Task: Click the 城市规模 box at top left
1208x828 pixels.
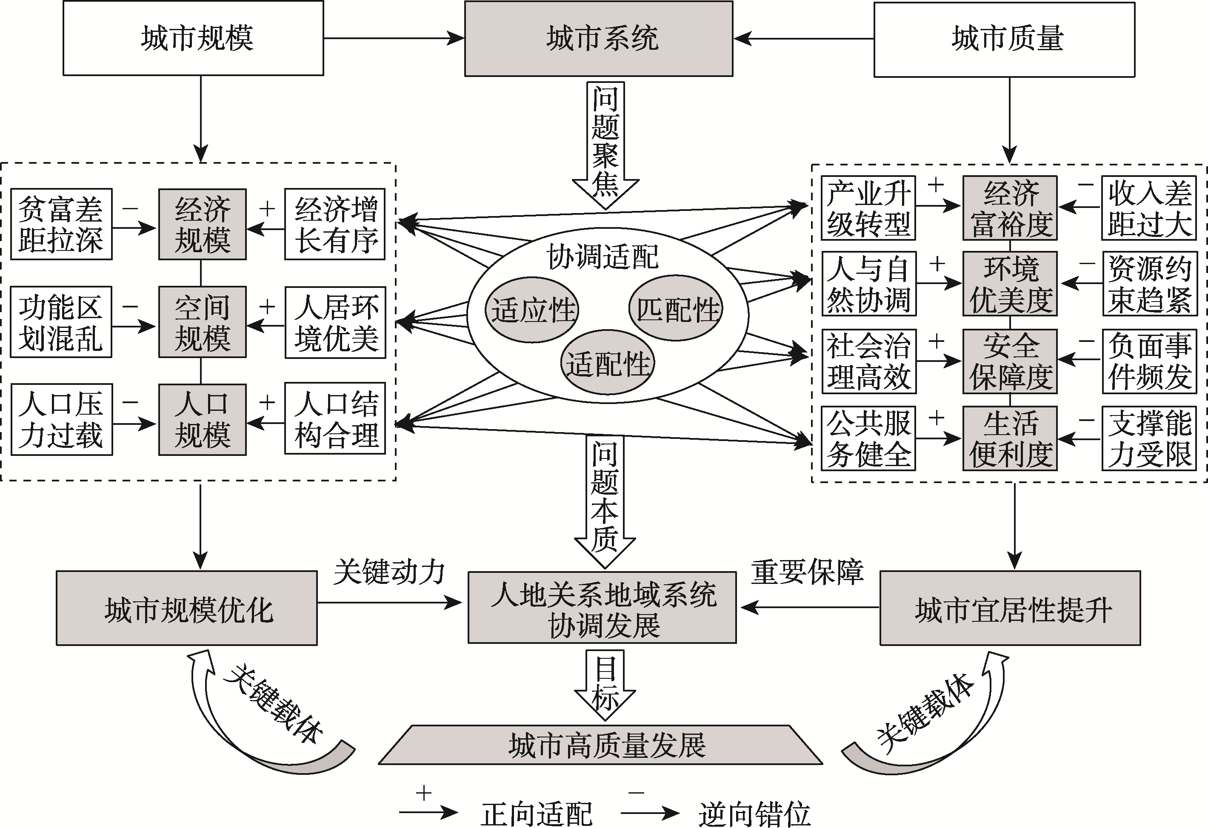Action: coord(193,38)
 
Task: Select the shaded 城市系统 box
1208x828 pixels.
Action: coord(598,38)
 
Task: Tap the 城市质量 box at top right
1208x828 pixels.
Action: coord(1004,40)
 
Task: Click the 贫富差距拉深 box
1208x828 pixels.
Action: coord(61,224)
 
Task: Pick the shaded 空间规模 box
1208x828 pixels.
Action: coord(202,322)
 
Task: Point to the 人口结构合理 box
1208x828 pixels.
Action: coord(335,418)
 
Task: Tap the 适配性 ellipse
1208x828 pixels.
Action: coord(607,364)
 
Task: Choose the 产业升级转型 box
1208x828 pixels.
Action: coord(868,208)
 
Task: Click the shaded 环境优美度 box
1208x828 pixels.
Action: coord(1010,284)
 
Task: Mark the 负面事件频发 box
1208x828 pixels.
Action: coord(1149,361)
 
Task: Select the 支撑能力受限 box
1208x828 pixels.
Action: coord(1149,438)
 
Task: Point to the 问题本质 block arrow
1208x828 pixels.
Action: coord(605,499)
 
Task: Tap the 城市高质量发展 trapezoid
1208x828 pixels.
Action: coord(600,745)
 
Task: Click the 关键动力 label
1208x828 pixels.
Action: coord(389,572)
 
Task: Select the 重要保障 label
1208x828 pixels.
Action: coord(807,572)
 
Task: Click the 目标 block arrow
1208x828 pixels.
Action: coord(605,683)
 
